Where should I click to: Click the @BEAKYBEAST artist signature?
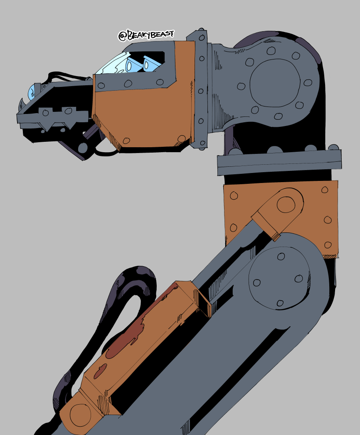click(x=146, y=35)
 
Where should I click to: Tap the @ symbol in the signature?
click(x=122, y=36)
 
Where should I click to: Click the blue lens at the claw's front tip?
click(x=31, y=91)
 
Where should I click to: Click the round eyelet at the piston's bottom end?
click(x=80, y=415)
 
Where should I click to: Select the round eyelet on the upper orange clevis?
click(x=286, y=205)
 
